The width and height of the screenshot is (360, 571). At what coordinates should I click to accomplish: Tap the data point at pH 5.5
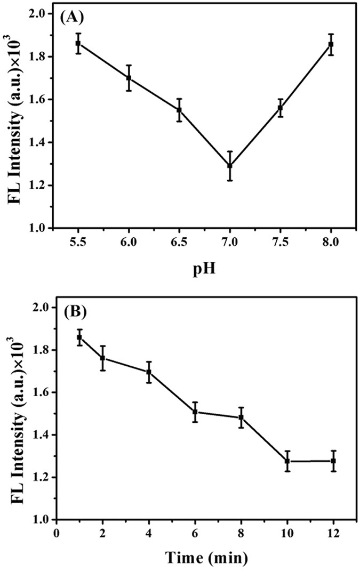[78, 43]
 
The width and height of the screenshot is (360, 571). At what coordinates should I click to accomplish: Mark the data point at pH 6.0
[129, 78]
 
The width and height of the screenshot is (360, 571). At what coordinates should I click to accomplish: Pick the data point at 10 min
[287, 461]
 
